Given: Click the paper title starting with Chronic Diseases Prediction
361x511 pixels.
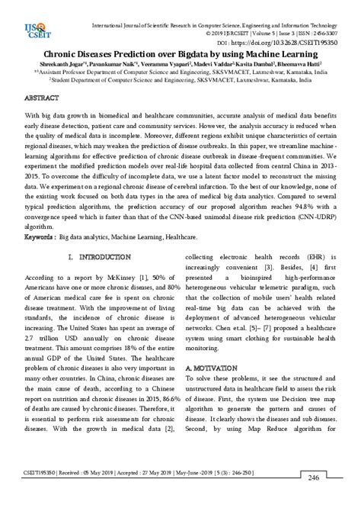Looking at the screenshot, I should coord(180,55).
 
